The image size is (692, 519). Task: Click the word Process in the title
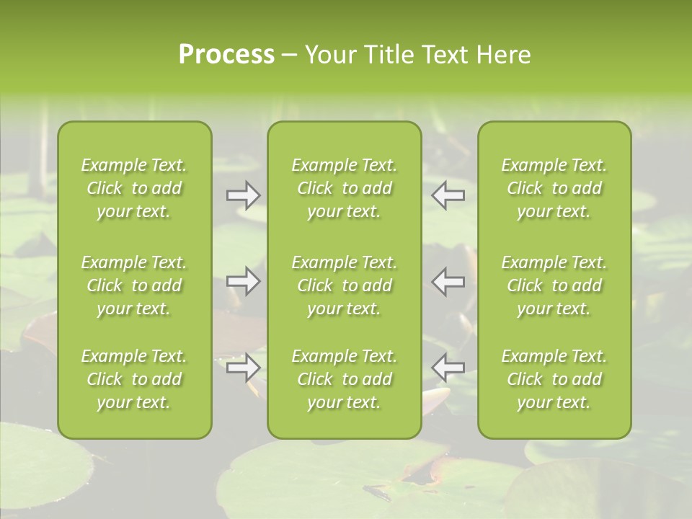click(226, 55)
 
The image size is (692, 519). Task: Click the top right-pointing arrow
click(243, 195)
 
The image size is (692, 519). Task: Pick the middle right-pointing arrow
click(243, 281)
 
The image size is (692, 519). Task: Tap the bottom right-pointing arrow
click(243, 368)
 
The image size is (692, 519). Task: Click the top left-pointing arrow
click(448, 195)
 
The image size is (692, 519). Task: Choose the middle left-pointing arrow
click(448, 281)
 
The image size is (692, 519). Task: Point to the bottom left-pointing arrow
click(448, 368)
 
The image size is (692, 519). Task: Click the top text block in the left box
click(134, 188)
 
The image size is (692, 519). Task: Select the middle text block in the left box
click(134, 285)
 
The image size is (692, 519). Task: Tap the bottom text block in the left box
click(134, 379)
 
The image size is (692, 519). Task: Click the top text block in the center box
click(345, 188)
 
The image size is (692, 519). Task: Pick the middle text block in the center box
click(345, 285)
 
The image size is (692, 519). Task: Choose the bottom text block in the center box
click(345, 379)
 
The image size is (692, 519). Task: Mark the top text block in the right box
click(554, 188)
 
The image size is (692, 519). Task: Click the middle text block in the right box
click(554, 285)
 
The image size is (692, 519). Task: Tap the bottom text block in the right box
click(554, 379)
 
